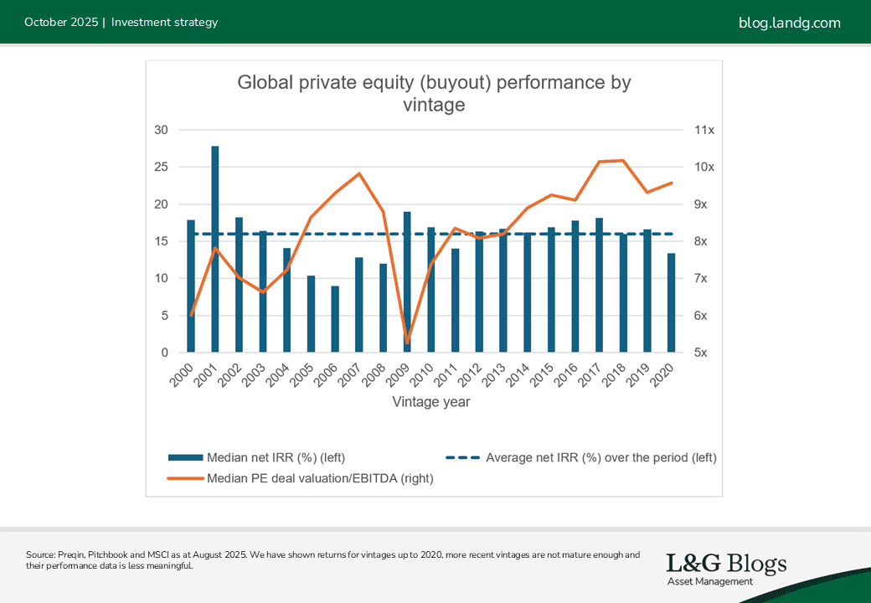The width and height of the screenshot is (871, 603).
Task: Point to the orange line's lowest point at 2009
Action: tap(407, 343)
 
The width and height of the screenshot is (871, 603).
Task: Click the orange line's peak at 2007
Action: tap(359, 173)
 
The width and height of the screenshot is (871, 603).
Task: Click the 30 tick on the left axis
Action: tap(161, 130)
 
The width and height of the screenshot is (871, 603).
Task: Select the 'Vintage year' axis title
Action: tap(431, 402)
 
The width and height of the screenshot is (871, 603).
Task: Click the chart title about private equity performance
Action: tap(434, 94)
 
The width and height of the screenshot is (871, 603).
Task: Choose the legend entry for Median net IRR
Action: tap(256, 457)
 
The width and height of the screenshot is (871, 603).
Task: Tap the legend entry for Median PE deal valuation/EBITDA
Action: tap(301, 478)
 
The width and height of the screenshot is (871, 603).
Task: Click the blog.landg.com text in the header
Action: tap(789, 23)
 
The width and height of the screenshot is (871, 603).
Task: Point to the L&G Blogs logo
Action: tap(726, 568)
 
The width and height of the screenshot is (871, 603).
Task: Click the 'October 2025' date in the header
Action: tap(59, 23)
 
